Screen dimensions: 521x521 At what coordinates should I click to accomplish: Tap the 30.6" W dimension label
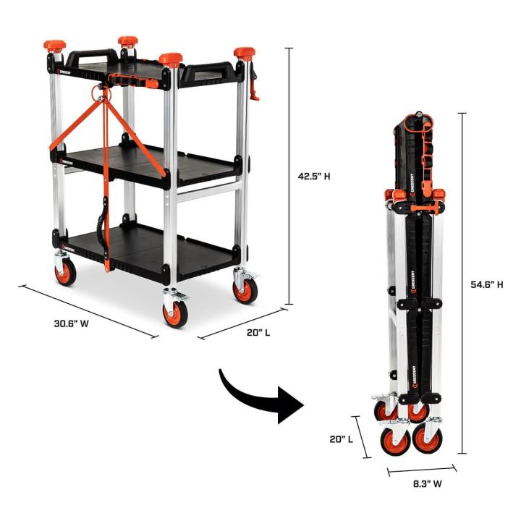(71, 323)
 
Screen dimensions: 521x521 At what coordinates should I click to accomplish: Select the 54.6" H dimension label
(486, 284)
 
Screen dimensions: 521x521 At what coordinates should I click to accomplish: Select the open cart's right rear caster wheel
(244, 288)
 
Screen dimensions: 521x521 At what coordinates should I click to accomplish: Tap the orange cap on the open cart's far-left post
(54, 46)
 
